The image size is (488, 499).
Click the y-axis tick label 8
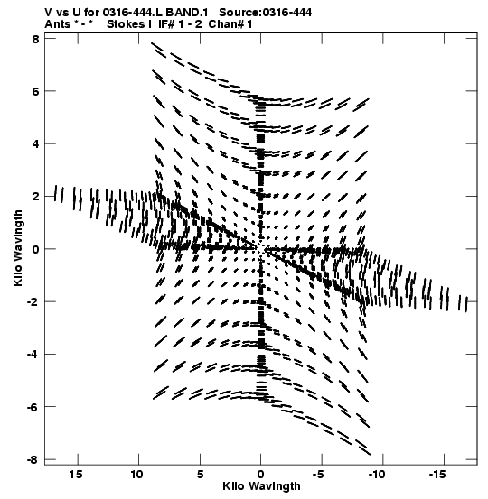pyautogui.click(x=34, y=40)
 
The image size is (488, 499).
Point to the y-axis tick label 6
pyautogui.click(x=34, y=92)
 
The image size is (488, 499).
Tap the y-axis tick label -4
pyautogui.click(x=33, y=355)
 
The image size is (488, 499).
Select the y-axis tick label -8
pyautogui.click(x=33, y=460)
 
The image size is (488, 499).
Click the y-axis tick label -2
pyautogui.click(x=33, y=302)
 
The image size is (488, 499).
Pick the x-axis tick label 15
pyautogui.click(x=75, y=475)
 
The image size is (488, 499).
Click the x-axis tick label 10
pyautogui.click(x=136, y=475)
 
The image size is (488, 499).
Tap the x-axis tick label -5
pyautogui.click(x=319, y=475)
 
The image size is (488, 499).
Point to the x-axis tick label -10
pyautogui.click(x=378, y=475)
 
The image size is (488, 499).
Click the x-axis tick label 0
pyautogui.click(x=261, y=475)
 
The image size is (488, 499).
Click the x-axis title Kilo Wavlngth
pyautogui.click(x=261, y=486)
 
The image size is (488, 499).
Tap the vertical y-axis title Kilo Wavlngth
pyautogui.click(x=18, y=248)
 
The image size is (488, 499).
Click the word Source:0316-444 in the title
pyautogui.click(x=266, y=13)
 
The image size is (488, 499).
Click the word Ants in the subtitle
pyautogui.click(x=58, y=24)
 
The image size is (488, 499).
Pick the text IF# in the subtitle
pyautogui.click(x=166, y=24)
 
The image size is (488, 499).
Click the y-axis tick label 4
pyautogui.click(x=34, y=144)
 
